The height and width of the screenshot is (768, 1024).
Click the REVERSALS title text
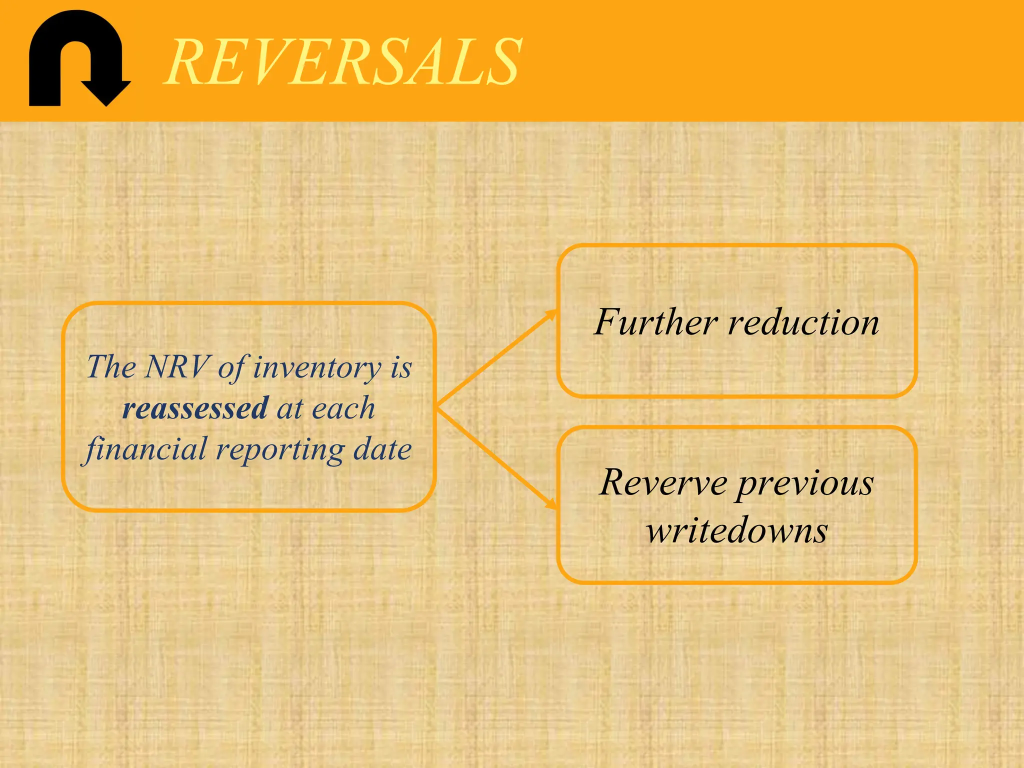point(344,62)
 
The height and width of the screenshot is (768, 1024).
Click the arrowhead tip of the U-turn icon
point(106,102)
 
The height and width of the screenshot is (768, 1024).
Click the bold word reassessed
point(195,408)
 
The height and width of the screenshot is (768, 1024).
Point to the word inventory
point(317,367)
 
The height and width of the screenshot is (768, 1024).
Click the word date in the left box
point(382,448)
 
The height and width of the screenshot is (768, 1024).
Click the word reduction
point(803,322)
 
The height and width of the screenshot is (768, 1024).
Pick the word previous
point(806,484)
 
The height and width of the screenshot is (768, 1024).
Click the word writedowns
point(737,530)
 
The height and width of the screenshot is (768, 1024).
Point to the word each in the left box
point(343,408)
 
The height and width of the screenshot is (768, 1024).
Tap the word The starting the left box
point(111,366)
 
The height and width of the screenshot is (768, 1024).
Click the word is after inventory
point(401,367)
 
